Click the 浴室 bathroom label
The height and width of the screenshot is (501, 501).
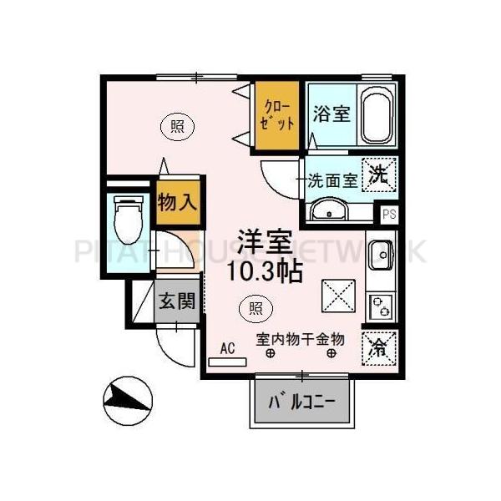(331, 114)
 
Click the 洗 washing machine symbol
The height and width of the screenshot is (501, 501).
(380, 176)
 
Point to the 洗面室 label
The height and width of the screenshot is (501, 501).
(332, 179)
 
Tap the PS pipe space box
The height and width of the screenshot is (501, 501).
(388, 214)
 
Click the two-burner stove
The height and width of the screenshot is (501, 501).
(382, 306)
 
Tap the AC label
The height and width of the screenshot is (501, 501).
(227, 349)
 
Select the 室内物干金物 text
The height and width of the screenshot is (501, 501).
(301, 340)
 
